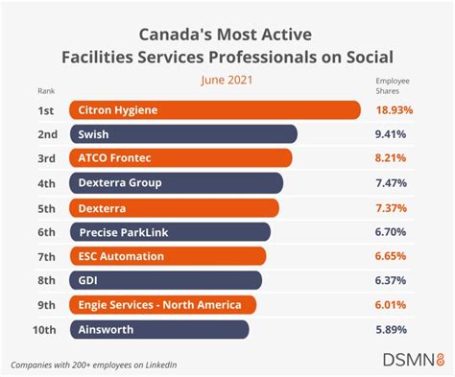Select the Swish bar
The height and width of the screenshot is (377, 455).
pyautogui.click(x=182, y=134)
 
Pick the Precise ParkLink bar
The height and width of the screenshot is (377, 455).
pyautogui.click(x=169, y=231)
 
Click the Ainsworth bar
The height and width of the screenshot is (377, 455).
pyautogui.click(x=158, y=329)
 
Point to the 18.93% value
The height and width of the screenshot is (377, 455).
pyautogui.click(x=394, y=109)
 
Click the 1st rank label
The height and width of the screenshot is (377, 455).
pyautogui.click(x=32, y=109)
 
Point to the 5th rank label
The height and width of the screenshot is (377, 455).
pyautogui.click(x=32, y=207)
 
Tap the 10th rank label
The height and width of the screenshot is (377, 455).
pyautogui.click(x=32, y=329)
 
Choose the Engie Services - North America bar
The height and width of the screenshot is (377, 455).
pyautogui.click(x=162, y=305)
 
